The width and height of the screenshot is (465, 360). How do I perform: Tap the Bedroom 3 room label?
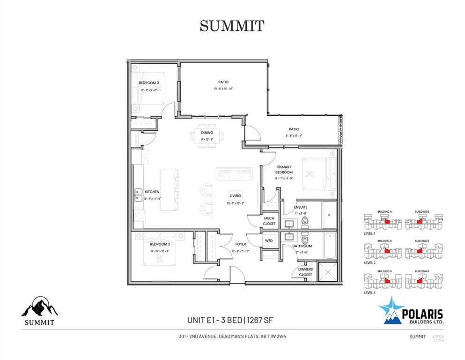point(149,83)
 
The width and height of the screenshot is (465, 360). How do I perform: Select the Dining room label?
point(207,133)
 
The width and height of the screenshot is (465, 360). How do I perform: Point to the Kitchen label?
point(152,192)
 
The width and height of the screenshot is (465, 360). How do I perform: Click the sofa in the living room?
point(234,174)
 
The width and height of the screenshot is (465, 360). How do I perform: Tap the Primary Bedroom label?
point(284,170)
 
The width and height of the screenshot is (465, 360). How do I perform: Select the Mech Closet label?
point(269,221)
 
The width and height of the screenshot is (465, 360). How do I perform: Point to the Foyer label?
point(240,244)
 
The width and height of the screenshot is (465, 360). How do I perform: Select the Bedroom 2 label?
point(160,244)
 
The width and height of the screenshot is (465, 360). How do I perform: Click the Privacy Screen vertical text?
point(340,130)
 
